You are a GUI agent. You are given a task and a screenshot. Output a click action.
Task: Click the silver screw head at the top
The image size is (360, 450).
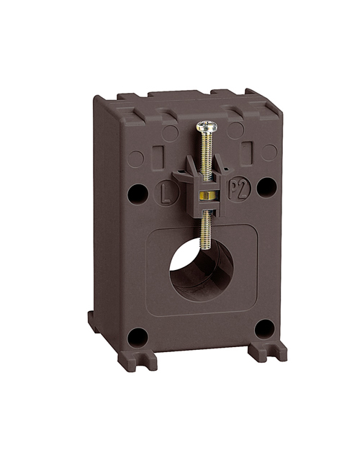(x=207, y=127)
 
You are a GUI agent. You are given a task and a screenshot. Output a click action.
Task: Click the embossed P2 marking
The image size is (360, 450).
(x=240, y=189)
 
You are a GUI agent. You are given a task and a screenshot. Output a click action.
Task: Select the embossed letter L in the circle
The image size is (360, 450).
(x=166, y=194)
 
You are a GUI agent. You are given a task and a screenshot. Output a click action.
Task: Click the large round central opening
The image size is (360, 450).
(x=202, y=269)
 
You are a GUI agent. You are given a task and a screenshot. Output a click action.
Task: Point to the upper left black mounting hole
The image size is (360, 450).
(x=138, y=194)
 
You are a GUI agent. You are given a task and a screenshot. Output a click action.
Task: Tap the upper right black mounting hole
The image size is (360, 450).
(x=266, y=187)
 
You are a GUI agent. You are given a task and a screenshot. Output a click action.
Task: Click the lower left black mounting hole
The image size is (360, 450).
(x=138, y=338)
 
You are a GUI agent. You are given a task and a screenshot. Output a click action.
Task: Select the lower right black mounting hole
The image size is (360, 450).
(x=265, y=329)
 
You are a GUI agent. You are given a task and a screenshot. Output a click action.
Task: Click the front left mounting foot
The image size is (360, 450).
(x=138, y=360)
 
